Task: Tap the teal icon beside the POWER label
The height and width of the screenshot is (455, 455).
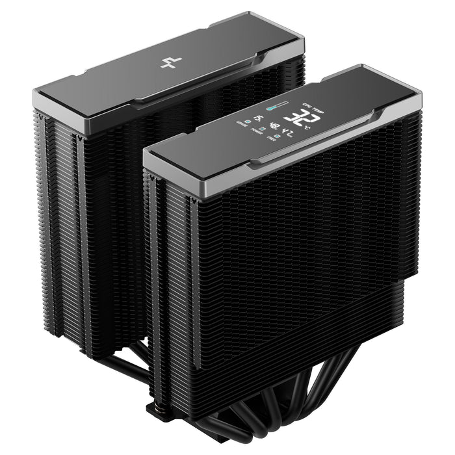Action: tap(263, 129)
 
